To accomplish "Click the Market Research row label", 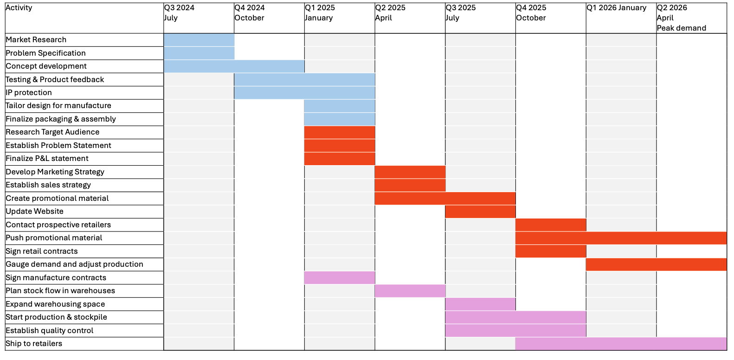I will [x=36, y=40].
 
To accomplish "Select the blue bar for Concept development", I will [x=234, y=66].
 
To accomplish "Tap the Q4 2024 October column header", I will [x=250, y=13].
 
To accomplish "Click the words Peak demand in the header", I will [x=681, y=28].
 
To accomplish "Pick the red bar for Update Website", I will [x=480, y=212].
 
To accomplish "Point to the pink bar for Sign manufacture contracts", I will [x=339, y=278].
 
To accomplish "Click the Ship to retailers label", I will [x=34, y=344].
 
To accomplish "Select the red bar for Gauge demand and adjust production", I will [x=656, y=264].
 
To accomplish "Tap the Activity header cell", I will [x=19, y=8].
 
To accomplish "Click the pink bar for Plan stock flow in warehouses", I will [x=410, y=291].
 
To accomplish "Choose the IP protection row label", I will [x=29, y=93].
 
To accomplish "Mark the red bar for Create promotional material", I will [x=445, y=199].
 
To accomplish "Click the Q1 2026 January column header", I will [x=616, y=8].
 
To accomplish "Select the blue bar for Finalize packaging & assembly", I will [x=339, y=119].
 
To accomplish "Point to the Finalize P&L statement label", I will [x=47, y=159].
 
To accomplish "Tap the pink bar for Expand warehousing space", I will [x=480, y=304].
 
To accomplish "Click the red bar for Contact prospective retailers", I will [x=551, y=225].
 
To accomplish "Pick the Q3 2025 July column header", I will [x=460, y=13].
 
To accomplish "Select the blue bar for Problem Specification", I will [x=199, y=53].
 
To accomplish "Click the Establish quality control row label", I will [x=50, y=331].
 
